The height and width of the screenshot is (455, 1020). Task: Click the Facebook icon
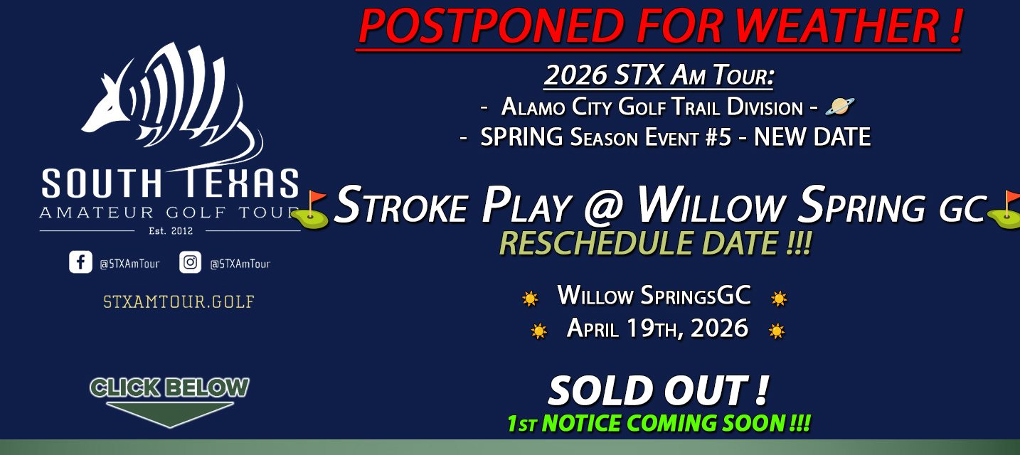click(80, 262)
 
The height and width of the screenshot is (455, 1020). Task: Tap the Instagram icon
click(191, 262)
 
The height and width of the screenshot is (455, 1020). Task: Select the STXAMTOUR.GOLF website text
click(179, 301)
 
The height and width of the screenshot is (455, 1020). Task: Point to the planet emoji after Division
click(840, 107)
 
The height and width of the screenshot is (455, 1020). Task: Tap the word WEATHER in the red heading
click(837, 26)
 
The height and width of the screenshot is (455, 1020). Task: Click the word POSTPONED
click(492, 26)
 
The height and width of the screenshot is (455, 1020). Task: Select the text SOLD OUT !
click(659, 390)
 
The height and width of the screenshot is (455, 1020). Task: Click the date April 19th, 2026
click(657, 328)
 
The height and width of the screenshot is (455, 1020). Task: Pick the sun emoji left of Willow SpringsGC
click(530, 299)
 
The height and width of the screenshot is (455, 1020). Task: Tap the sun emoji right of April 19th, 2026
click(777, 331)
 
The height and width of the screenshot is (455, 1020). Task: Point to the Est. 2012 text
click(171, 230)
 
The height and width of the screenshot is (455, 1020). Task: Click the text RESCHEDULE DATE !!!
click(656, 243)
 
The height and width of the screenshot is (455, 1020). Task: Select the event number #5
click(718, 137)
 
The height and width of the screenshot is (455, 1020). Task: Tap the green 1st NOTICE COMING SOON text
click(659, 423)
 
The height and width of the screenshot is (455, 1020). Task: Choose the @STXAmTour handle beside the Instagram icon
click(240, 264)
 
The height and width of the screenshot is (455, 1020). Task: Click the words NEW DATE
click(812, 137)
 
